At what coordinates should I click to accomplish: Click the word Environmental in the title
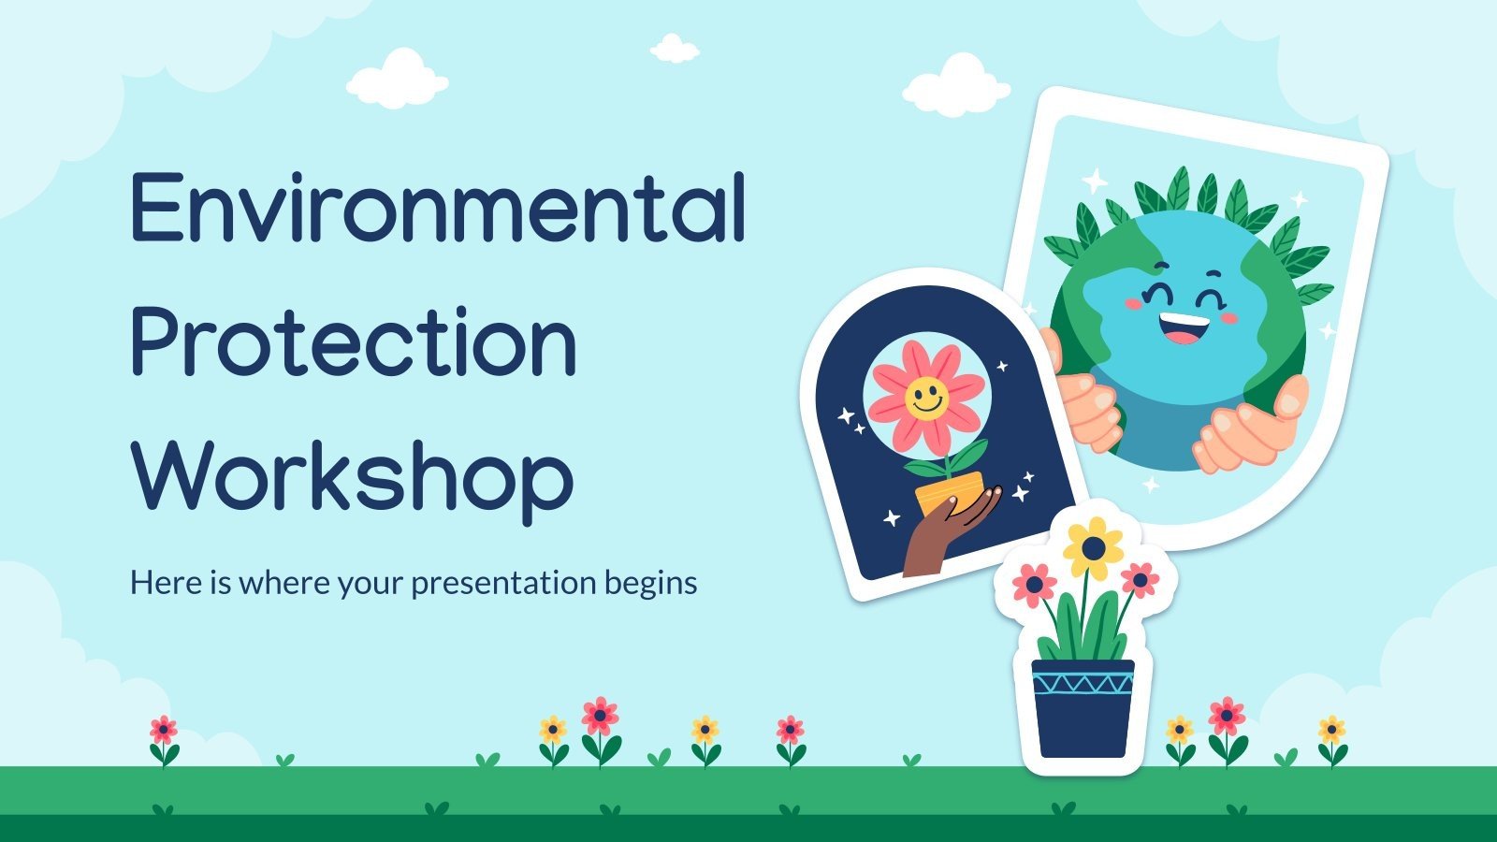(x=438, y=208)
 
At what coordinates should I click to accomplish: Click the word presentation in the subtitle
(x=503, y=584)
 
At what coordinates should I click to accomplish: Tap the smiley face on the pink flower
(x=926, y=398)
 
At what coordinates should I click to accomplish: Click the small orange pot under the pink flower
(x=950, y=491)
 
